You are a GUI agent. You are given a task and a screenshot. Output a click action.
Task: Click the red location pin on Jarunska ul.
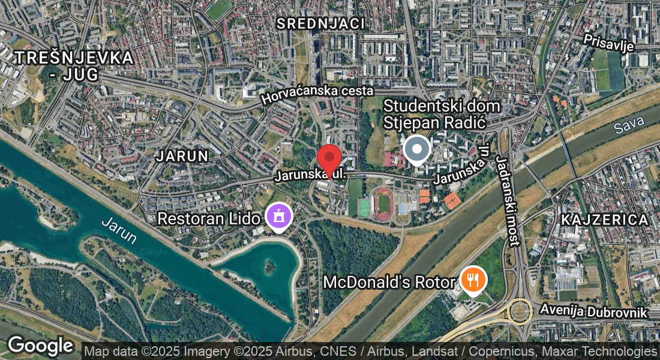pyautogui.click(x=329, y=158)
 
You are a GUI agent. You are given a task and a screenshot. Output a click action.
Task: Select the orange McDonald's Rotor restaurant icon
pyautogui.click(x=473, y=280)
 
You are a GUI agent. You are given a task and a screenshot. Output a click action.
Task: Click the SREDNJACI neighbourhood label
pyautogui.click(x=320, y=24)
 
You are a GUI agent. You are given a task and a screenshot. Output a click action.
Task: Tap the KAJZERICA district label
pyautogui.click(x=605, y=220)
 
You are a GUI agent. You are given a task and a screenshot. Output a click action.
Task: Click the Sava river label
pyautogui.click(x=629, y=125)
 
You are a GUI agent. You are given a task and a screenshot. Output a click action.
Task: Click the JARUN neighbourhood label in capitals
pyautogui.click(x=182, y=157)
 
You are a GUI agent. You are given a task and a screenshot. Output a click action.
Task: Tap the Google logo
pyautogui.click(x=40, y=346)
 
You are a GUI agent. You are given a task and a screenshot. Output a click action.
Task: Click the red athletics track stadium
pyautogui.click(x=384, y=203)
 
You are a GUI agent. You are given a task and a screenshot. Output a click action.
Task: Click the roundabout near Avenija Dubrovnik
pyautogui.click(x=518, y=311)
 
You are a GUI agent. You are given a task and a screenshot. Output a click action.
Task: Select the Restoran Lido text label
pyautogui.click(x=208, y=218)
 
